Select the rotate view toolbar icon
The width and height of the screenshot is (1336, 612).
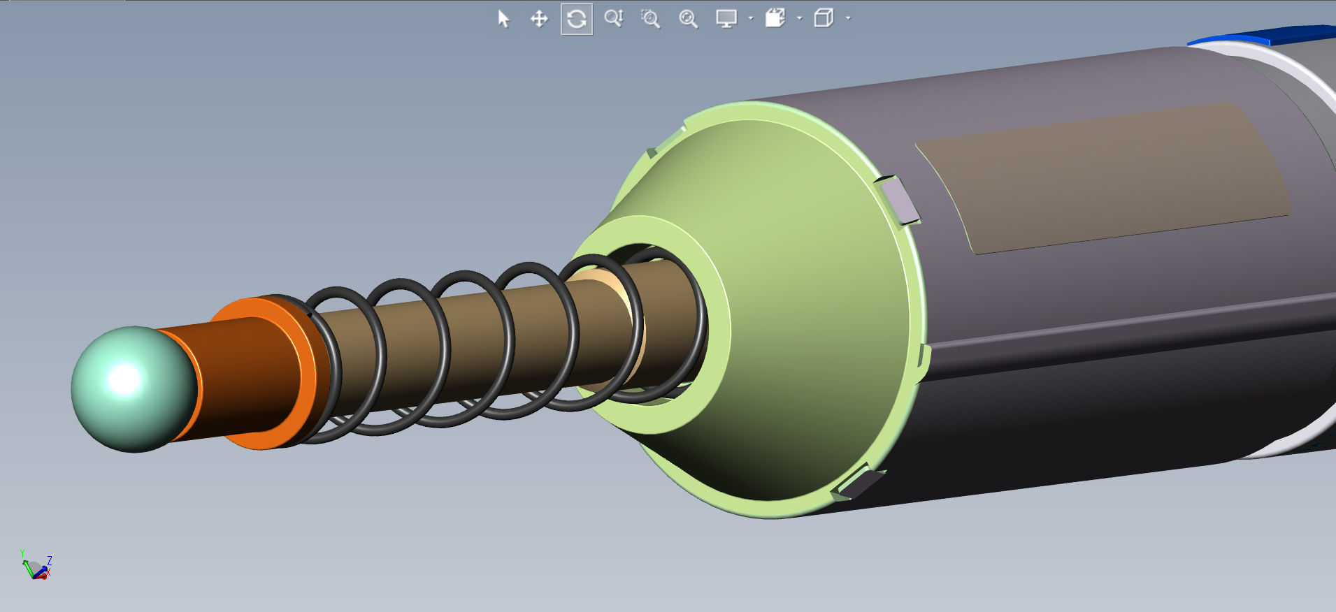coord(577,19)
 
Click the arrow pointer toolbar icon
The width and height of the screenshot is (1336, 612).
coord(503,19)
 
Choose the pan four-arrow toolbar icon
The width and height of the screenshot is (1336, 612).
coord(539,19)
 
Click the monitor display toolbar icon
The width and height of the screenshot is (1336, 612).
coord(726,19)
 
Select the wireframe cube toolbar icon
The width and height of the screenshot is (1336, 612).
coord(824,19)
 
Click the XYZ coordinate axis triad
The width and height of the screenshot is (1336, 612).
coord(36,567)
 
